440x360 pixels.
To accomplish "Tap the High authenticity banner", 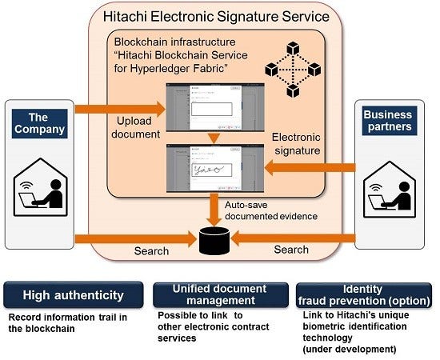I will [73, 294].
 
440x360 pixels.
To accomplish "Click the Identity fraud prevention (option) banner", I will [362, 294].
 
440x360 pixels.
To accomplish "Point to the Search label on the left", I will [151, 250].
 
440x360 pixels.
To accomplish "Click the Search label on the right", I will [291, 250].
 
